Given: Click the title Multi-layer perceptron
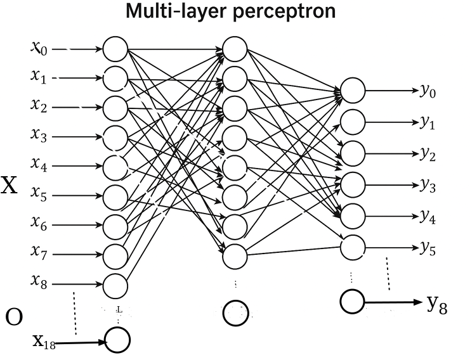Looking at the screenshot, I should pos(230,11).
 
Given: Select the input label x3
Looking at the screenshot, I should pos(39,136).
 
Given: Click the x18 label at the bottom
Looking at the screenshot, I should pos(43,342).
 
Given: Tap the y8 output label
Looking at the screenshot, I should pos(437,305).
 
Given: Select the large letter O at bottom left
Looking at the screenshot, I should pos(14,316).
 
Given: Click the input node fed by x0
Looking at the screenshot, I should pos(115,49).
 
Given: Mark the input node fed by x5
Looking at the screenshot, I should pos(115,196).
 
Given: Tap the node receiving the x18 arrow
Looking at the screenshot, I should pos(117,340).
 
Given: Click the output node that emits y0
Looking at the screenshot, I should pos(353,91).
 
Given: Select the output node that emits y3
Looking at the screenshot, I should pos(353,184).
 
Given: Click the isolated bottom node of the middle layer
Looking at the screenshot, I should pos(235,311).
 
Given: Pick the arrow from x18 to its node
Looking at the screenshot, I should pos(82,343).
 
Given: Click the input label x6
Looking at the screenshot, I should pos(39,222).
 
